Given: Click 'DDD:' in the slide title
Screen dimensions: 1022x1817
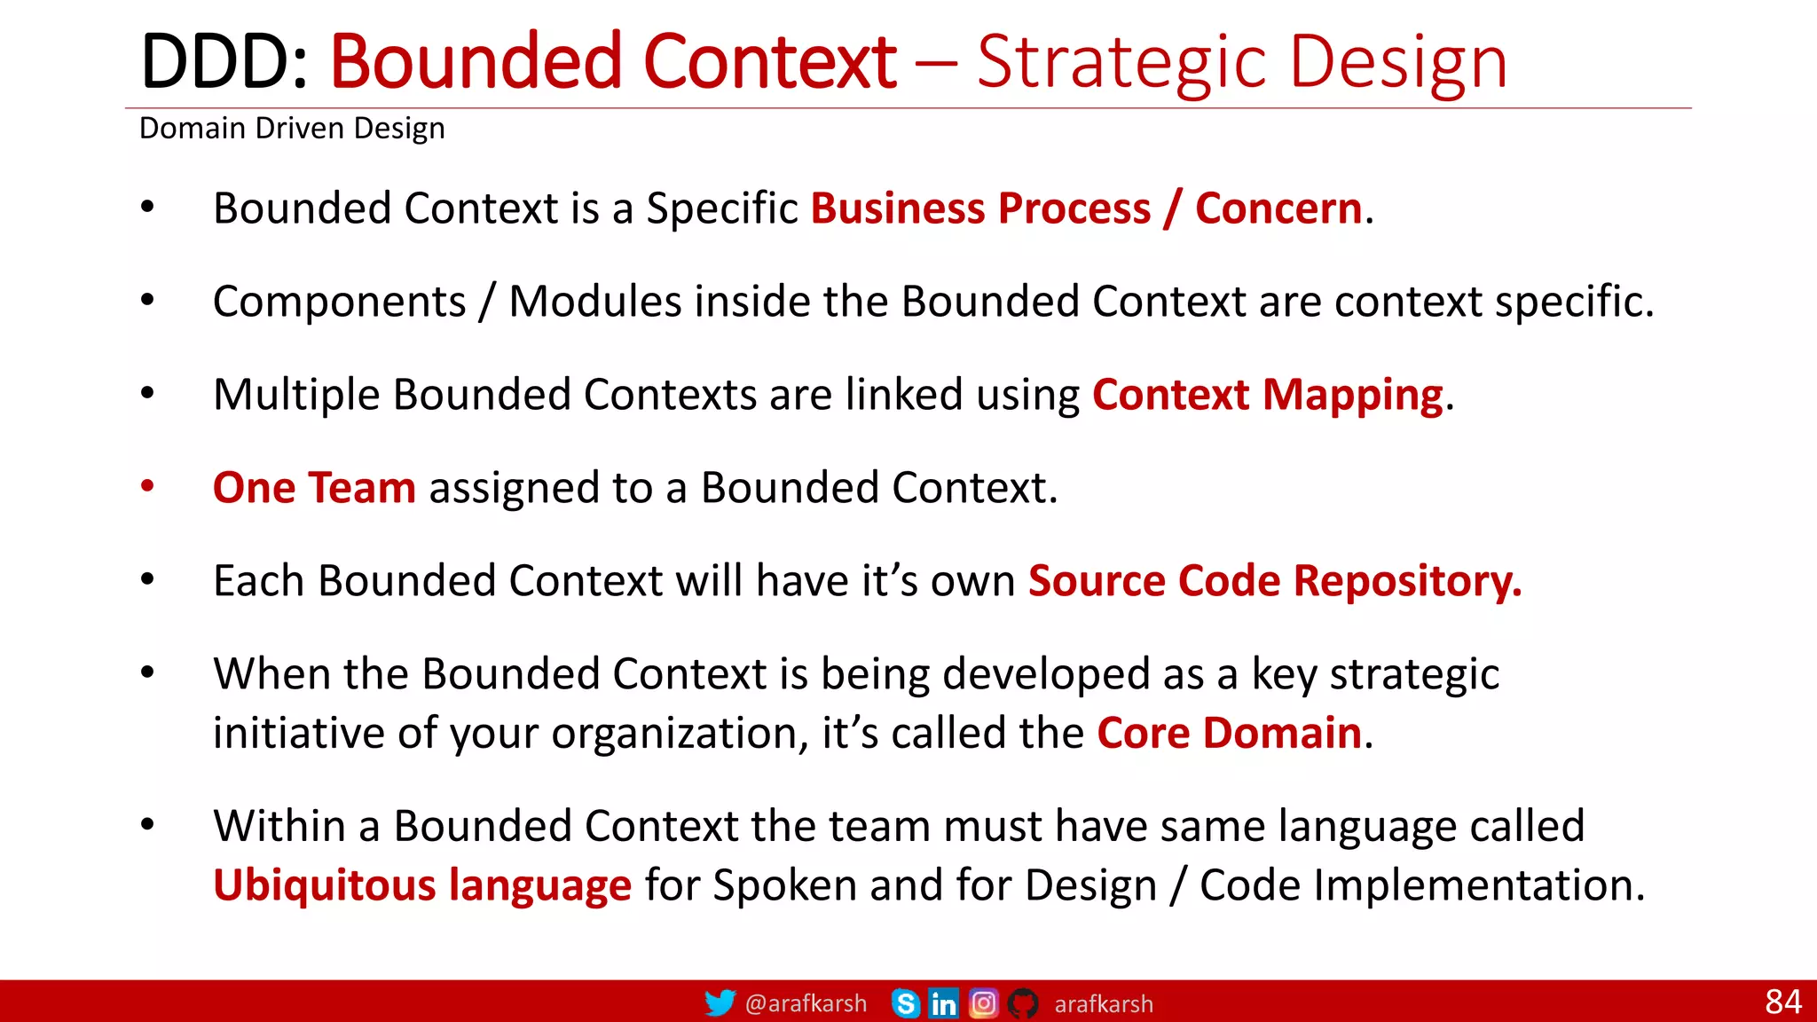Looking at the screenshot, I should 224,62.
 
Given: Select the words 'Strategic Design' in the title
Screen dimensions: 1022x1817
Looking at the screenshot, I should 1242,62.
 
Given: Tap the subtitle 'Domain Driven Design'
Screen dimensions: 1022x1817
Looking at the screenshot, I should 292,129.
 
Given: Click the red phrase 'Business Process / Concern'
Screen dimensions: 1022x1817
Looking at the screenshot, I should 1086,208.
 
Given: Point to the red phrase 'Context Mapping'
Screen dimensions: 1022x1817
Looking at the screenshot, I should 1267,395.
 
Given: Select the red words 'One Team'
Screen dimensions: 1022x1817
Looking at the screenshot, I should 314,488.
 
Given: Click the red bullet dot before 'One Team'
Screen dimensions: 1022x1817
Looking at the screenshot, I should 147,486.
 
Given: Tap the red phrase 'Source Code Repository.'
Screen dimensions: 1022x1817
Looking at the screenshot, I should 1274,581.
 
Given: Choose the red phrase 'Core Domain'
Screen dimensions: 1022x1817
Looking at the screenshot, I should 1229,733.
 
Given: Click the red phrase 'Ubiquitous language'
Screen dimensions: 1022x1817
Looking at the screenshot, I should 422,885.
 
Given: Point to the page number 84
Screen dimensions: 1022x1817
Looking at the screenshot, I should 1782,1002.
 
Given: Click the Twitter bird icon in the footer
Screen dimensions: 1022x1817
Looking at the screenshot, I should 720,1003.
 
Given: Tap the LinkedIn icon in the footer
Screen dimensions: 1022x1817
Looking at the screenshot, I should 943,1003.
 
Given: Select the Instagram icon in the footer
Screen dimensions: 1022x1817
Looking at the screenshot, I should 983,1003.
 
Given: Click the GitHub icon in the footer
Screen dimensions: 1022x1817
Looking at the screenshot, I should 1023,1003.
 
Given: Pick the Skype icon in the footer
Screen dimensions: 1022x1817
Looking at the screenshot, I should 906,1003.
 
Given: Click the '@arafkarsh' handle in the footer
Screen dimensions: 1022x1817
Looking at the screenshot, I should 806,1003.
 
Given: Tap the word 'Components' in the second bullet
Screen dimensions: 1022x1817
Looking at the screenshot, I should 339,302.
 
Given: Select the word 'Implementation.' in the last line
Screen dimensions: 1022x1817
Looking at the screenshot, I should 1478,885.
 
